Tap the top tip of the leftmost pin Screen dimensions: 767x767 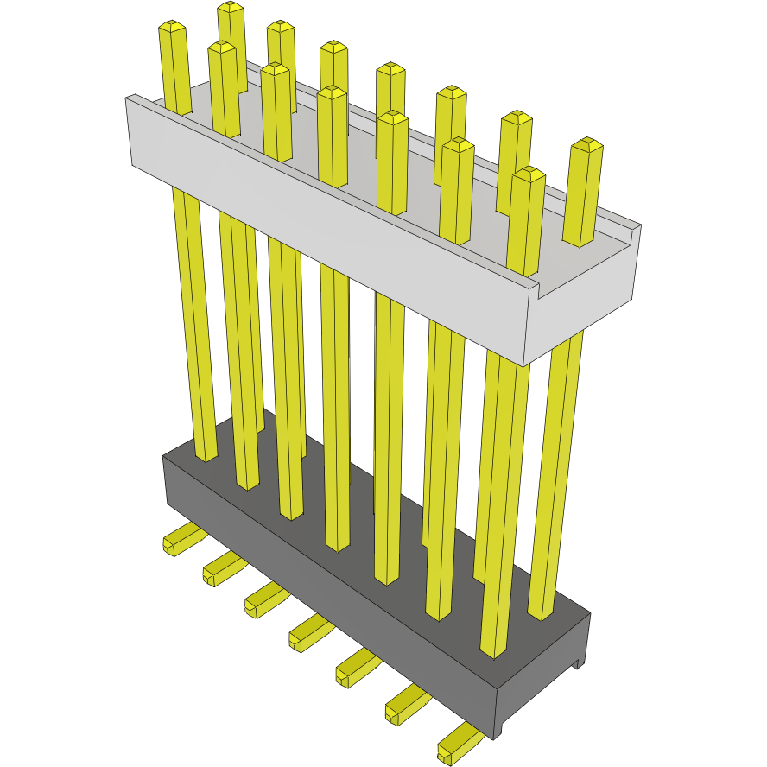tap(173, 29)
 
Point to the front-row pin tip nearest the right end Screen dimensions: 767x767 tap(528, 174)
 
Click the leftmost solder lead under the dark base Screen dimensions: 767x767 tap(177, 542)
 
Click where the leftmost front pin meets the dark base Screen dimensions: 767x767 tap(206, 457)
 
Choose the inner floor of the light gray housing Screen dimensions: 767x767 tap(484, 233)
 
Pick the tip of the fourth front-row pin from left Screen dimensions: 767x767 tap(332, 92)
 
